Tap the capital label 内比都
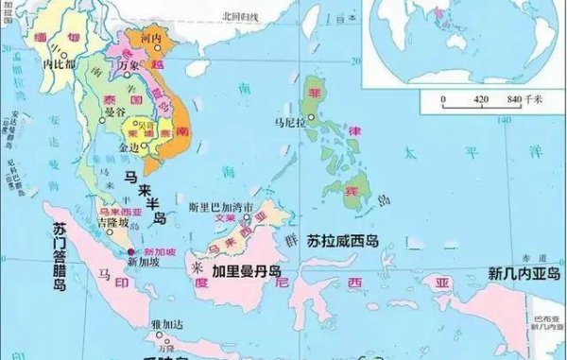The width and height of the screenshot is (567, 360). click(x=59, y=64)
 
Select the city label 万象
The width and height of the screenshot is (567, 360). click(x=114, y=65)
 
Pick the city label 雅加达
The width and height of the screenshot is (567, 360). click(x=166, y=323)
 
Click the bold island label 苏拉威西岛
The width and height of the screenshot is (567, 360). click(x=341, y=240)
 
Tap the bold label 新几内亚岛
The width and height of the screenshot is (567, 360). click(x=524, y=273)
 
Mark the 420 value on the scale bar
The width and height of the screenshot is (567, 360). click(x=481, y=97)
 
